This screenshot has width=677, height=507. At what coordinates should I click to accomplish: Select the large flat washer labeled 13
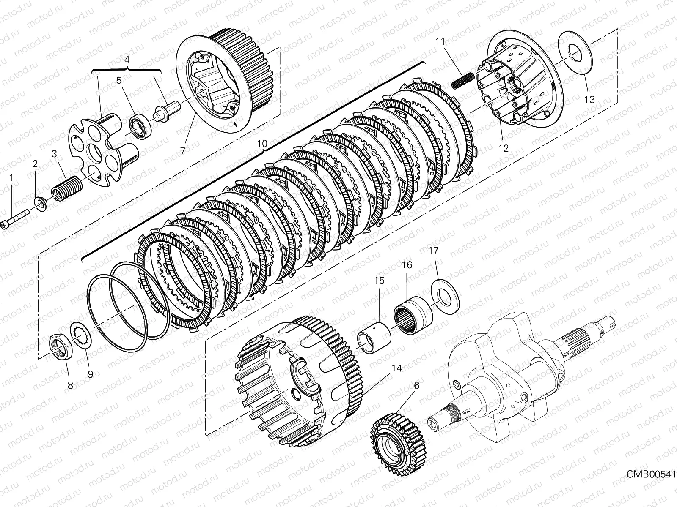coord(575,55)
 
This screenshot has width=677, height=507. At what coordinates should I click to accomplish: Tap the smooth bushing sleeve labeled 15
coord(375,333)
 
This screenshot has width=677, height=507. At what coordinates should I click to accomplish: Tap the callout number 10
coord(262,143)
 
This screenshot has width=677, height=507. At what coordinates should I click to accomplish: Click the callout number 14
coord(396,368)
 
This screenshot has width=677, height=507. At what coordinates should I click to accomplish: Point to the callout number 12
coord(504,148)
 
